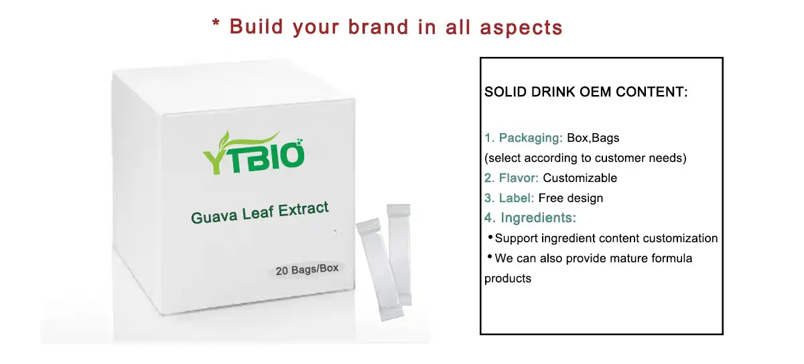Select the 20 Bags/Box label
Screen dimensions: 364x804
(308, 270)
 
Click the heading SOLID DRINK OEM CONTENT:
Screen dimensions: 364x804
(586, 92)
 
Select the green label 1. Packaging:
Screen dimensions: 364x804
(524, 138)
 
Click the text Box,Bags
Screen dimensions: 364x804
(593, 138)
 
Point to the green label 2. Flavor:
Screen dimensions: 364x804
(512, 178)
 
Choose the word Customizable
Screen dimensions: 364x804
(580, 178)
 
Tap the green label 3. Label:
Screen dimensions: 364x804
(509, 198)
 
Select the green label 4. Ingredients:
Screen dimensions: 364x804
(530, 218)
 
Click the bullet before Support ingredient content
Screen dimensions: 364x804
(490, 238)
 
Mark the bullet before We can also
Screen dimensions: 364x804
(490, 258)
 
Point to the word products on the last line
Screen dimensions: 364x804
(508, 278)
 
